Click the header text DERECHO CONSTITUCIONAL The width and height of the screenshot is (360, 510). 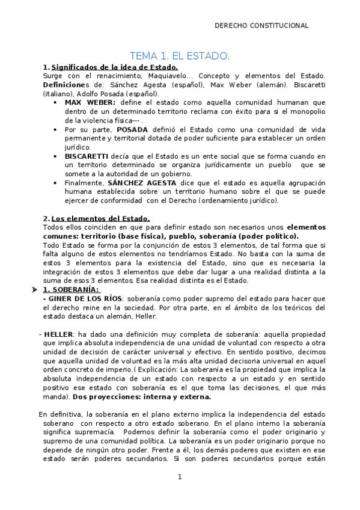click(x=261, y=25)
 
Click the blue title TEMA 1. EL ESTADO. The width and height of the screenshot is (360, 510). click(x=180, y=57)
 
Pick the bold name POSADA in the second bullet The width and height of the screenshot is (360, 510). click(x=132, y=129)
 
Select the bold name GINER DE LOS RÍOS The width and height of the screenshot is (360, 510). click(x=85, y=299)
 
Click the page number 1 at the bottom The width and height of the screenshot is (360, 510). click(x=179, y=477)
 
